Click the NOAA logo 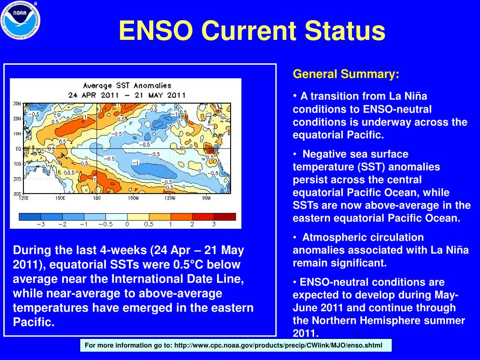(20, 20)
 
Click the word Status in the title (345, 31)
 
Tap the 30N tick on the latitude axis (16, 103)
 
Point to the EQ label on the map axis (17, 149)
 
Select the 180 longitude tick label (97, 198)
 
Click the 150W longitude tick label (134, 198)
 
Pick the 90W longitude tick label (207, 198)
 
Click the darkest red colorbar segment (225, 217)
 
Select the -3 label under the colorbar (41, 225)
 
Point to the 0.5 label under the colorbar (149, 225)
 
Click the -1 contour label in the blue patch (136, 163)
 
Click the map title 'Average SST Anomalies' (127, 86)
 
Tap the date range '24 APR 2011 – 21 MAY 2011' (127, 95)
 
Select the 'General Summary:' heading (346, 74)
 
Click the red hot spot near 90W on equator (210, 149)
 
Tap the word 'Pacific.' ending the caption (34, 322)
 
